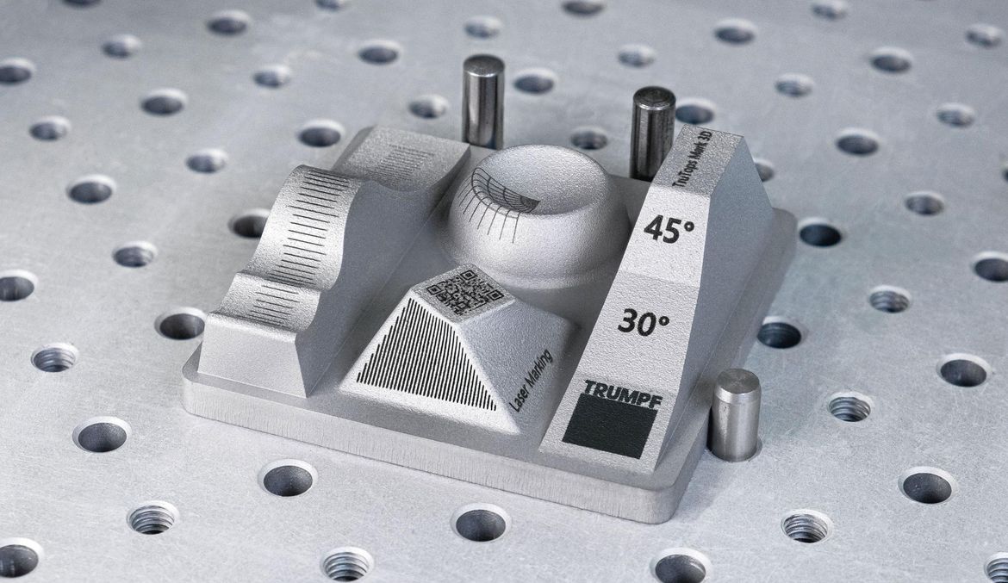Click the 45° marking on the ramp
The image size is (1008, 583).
click(669, 229)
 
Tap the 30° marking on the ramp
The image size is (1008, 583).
click(644, 321)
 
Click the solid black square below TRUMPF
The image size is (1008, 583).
click(609, 425)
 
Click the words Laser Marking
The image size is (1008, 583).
click(531, 381)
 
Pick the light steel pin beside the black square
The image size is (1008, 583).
click(734, 414)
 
